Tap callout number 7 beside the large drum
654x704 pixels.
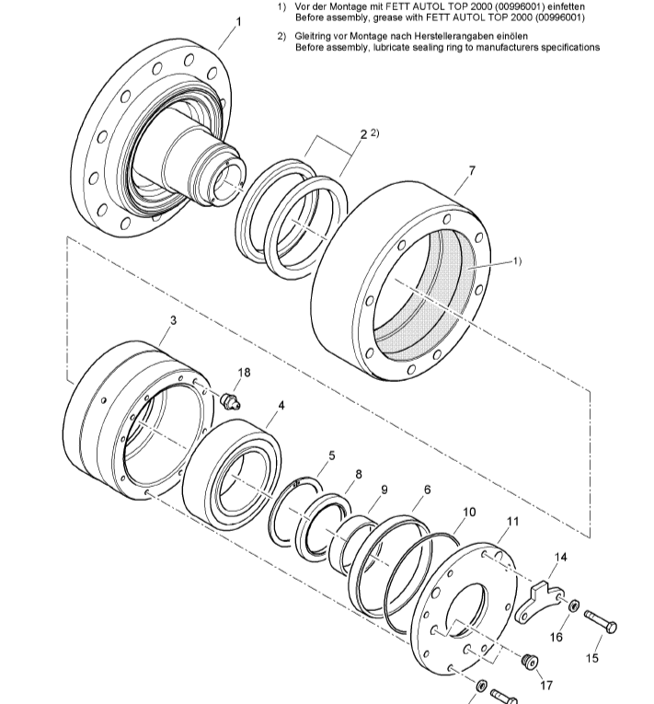pos(472,171)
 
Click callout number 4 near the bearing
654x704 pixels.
pos(281,405)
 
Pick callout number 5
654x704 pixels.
pos(332,455)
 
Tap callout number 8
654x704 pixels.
pos(359,475)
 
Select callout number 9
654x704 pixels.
pos(385,490)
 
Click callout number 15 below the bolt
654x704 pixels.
pos(592,658)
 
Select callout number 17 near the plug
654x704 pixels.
pos(546,685)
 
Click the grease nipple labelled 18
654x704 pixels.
pos(231,399)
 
